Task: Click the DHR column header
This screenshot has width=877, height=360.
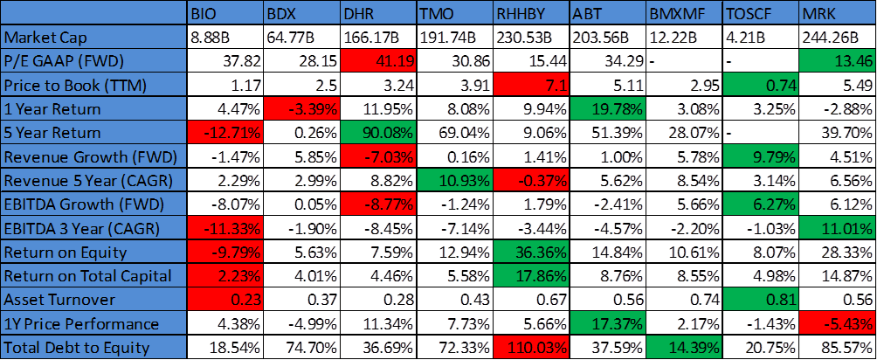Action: pos(377,14)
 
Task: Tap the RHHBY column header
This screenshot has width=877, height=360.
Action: pos(530,14)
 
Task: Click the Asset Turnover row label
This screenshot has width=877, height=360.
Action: pos(94,299)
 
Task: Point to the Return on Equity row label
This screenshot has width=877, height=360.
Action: pos(94,253)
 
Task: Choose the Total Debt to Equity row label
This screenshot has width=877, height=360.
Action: pos(94,346)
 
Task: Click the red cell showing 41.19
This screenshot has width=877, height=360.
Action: pos(377,62)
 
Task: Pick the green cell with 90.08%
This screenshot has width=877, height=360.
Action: pos(377,134)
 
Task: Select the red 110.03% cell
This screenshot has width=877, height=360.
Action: pos(530,346)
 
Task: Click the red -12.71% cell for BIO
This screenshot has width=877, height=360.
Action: pos(225,134)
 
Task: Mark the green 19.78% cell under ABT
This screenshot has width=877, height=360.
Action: pos(607,109)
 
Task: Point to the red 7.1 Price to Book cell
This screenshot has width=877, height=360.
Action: pos(530,86)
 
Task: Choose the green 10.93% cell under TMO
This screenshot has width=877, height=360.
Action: pos(454,181)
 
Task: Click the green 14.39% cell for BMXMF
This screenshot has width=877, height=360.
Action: pos(684,346)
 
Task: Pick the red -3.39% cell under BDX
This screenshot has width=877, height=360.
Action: pos(301,109)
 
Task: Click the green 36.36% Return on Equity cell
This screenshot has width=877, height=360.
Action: pos(530,253)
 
